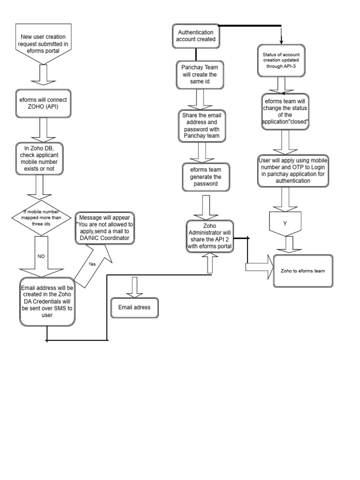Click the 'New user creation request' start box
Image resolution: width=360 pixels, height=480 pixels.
click(x=44, y=43)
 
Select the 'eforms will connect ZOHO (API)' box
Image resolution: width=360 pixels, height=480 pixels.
click(x=44, y=103)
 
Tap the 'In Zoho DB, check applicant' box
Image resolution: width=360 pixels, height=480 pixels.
click(x=44, y=158)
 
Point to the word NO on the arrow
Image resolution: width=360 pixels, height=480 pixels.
click(x=41, y=256)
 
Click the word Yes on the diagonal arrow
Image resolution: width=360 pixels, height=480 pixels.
click(x=92, y=264)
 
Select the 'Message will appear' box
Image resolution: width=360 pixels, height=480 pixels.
click(x=105, y=228)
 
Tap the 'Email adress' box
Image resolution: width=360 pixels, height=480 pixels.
click(x=135, y=307)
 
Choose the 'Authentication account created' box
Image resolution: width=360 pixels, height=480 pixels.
click(x=196, y=36)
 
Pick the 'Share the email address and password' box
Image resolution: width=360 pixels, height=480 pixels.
click(x=201, y=126)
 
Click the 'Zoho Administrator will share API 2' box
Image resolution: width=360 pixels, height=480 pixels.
click(x=210, y=236)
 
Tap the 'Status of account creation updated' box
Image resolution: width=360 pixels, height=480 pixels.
click(x=281, y=60)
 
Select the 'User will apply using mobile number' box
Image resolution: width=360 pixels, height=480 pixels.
click(x=293, y=171)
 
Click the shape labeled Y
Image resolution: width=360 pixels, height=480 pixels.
click(x=285, y=224)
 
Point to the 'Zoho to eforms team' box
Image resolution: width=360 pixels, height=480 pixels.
click(x=303, y=271)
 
